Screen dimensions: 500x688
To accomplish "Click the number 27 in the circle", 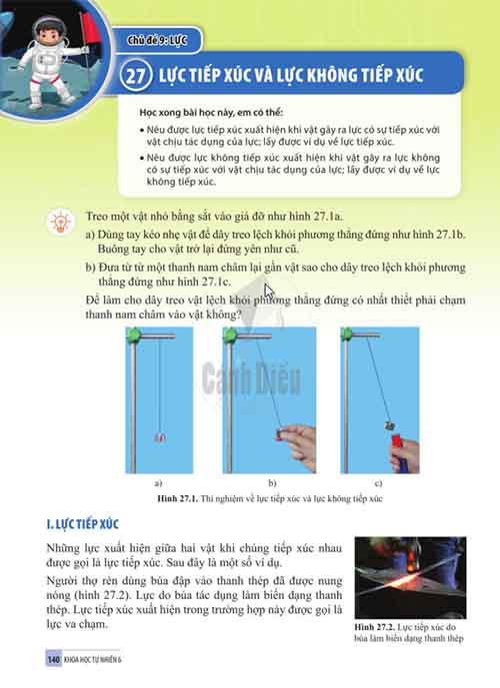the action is coord(135,76).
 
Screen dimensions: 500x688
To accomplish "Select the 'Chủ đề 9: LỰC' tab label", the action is coord(157,40).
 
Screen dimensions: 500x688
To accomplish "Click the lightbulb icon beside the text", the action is coord(61,222).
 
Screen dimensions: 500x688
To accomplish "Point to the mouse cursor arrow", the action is coord(269,292).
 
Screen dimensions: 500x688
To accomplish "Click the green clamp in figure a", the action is coord(133,337).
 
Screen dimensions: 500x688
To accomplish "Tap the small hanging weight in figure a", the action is coord(160,437).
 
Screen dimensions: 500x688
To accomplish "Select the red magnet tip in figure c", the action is coord(397,439).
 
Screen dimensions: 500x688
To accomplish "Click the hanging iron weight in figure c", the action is coord(390,426).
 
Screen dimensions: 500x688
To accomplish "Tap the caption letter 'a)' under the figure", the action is coord(159,483).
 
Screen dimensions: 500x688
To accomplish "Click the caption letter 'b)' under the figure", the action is coord(272,483).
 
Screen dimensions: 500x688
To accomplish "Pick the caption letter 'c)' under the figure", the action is coord(378,483).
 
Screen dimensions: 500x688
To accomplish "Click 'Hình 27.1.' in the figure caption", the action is coord(178,498).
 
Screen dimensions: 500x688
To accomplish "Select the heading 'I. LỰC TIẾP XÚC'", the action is coord(83,524).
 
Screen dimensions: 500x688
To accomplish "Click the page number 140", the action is coord(54,659).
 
